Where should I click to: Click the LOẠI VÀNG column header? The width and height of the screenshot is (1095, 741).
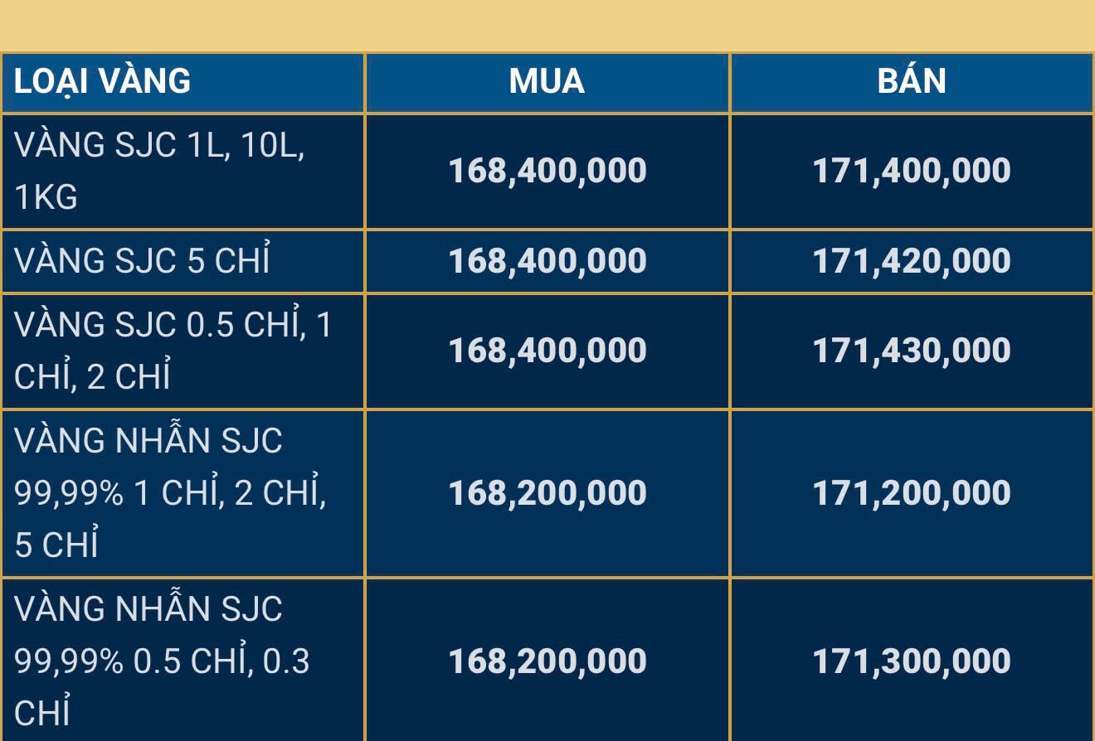point(102,81)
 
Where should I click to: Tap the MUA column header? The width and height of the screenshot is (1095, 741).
point(547,81)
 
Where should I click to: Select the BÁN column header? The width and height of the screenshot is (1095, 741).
point(912,81)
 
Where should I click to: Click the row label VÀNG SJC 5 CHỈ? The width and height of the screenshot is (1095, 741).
point(142,261)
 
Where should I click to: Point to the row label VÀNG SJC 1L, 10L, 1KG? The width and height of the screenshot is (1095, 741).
point(158,171)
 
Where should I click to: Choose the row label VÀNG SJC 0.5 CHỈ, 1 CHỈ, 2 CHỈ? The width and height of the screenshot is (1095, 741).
point(173,351)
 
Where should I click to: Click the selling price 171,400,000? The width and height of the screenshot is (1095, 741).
point(912,171)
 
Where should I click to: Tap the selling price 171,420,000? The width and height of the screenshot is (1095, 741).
point(912,261)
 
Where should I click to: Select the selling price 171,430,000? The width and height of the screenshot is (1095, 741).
point(912,351)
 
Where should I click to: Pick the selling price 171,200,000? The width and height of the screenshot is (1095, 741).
point(912,493)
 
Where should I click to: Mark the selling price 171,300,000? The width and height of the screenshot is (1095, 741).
point(912,661)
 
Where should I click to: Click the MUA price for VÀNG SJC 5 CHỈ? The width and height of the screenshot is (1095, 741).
point(547,261)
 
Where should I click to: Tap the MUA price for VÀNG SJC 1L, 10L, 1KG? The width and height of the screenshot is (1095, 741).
point(547,171)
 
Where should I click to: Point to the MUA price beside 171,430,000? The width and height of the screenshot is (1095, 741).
point(547,351)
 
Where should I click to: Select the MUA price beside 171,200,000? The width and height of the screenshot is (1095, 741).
point(547,493)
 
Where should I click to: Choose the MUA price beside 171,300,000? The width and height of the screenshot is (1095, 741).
point(547,661)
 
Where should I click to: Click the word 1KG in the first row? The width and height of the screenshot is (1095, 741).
point(46,197)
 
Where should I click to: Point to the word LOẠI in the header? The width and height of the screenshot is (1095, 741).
point(51,81)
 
